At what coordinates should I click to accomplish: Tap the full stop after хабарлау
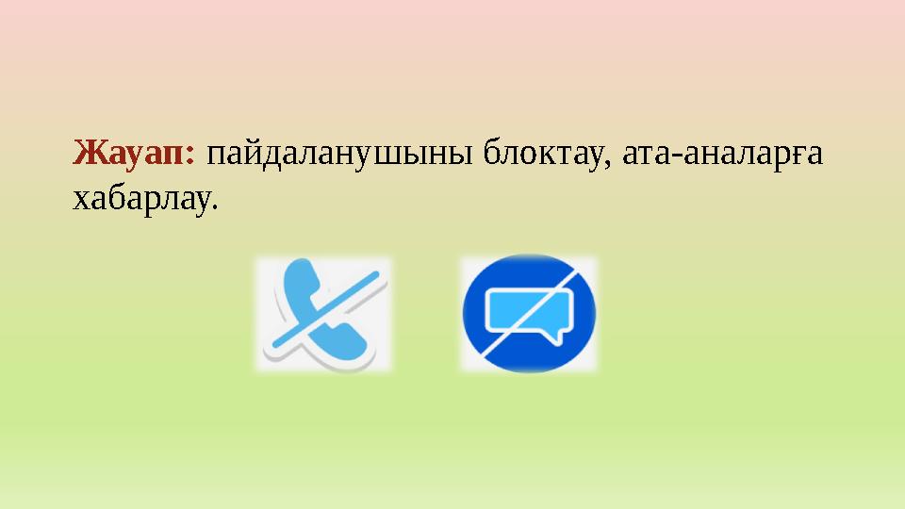pos(212,208)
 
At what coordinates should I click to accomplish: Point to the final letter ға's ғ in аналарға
pos(797,156)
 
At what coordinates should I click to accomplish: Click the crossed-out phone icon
pos(323,314)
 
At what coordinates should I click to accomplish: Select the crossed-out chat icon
pos(529,314)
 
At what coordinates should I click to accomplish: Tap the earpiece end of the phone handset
pos(294,283)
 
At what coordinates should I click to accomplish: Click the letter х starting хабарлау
pos(80,200)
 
